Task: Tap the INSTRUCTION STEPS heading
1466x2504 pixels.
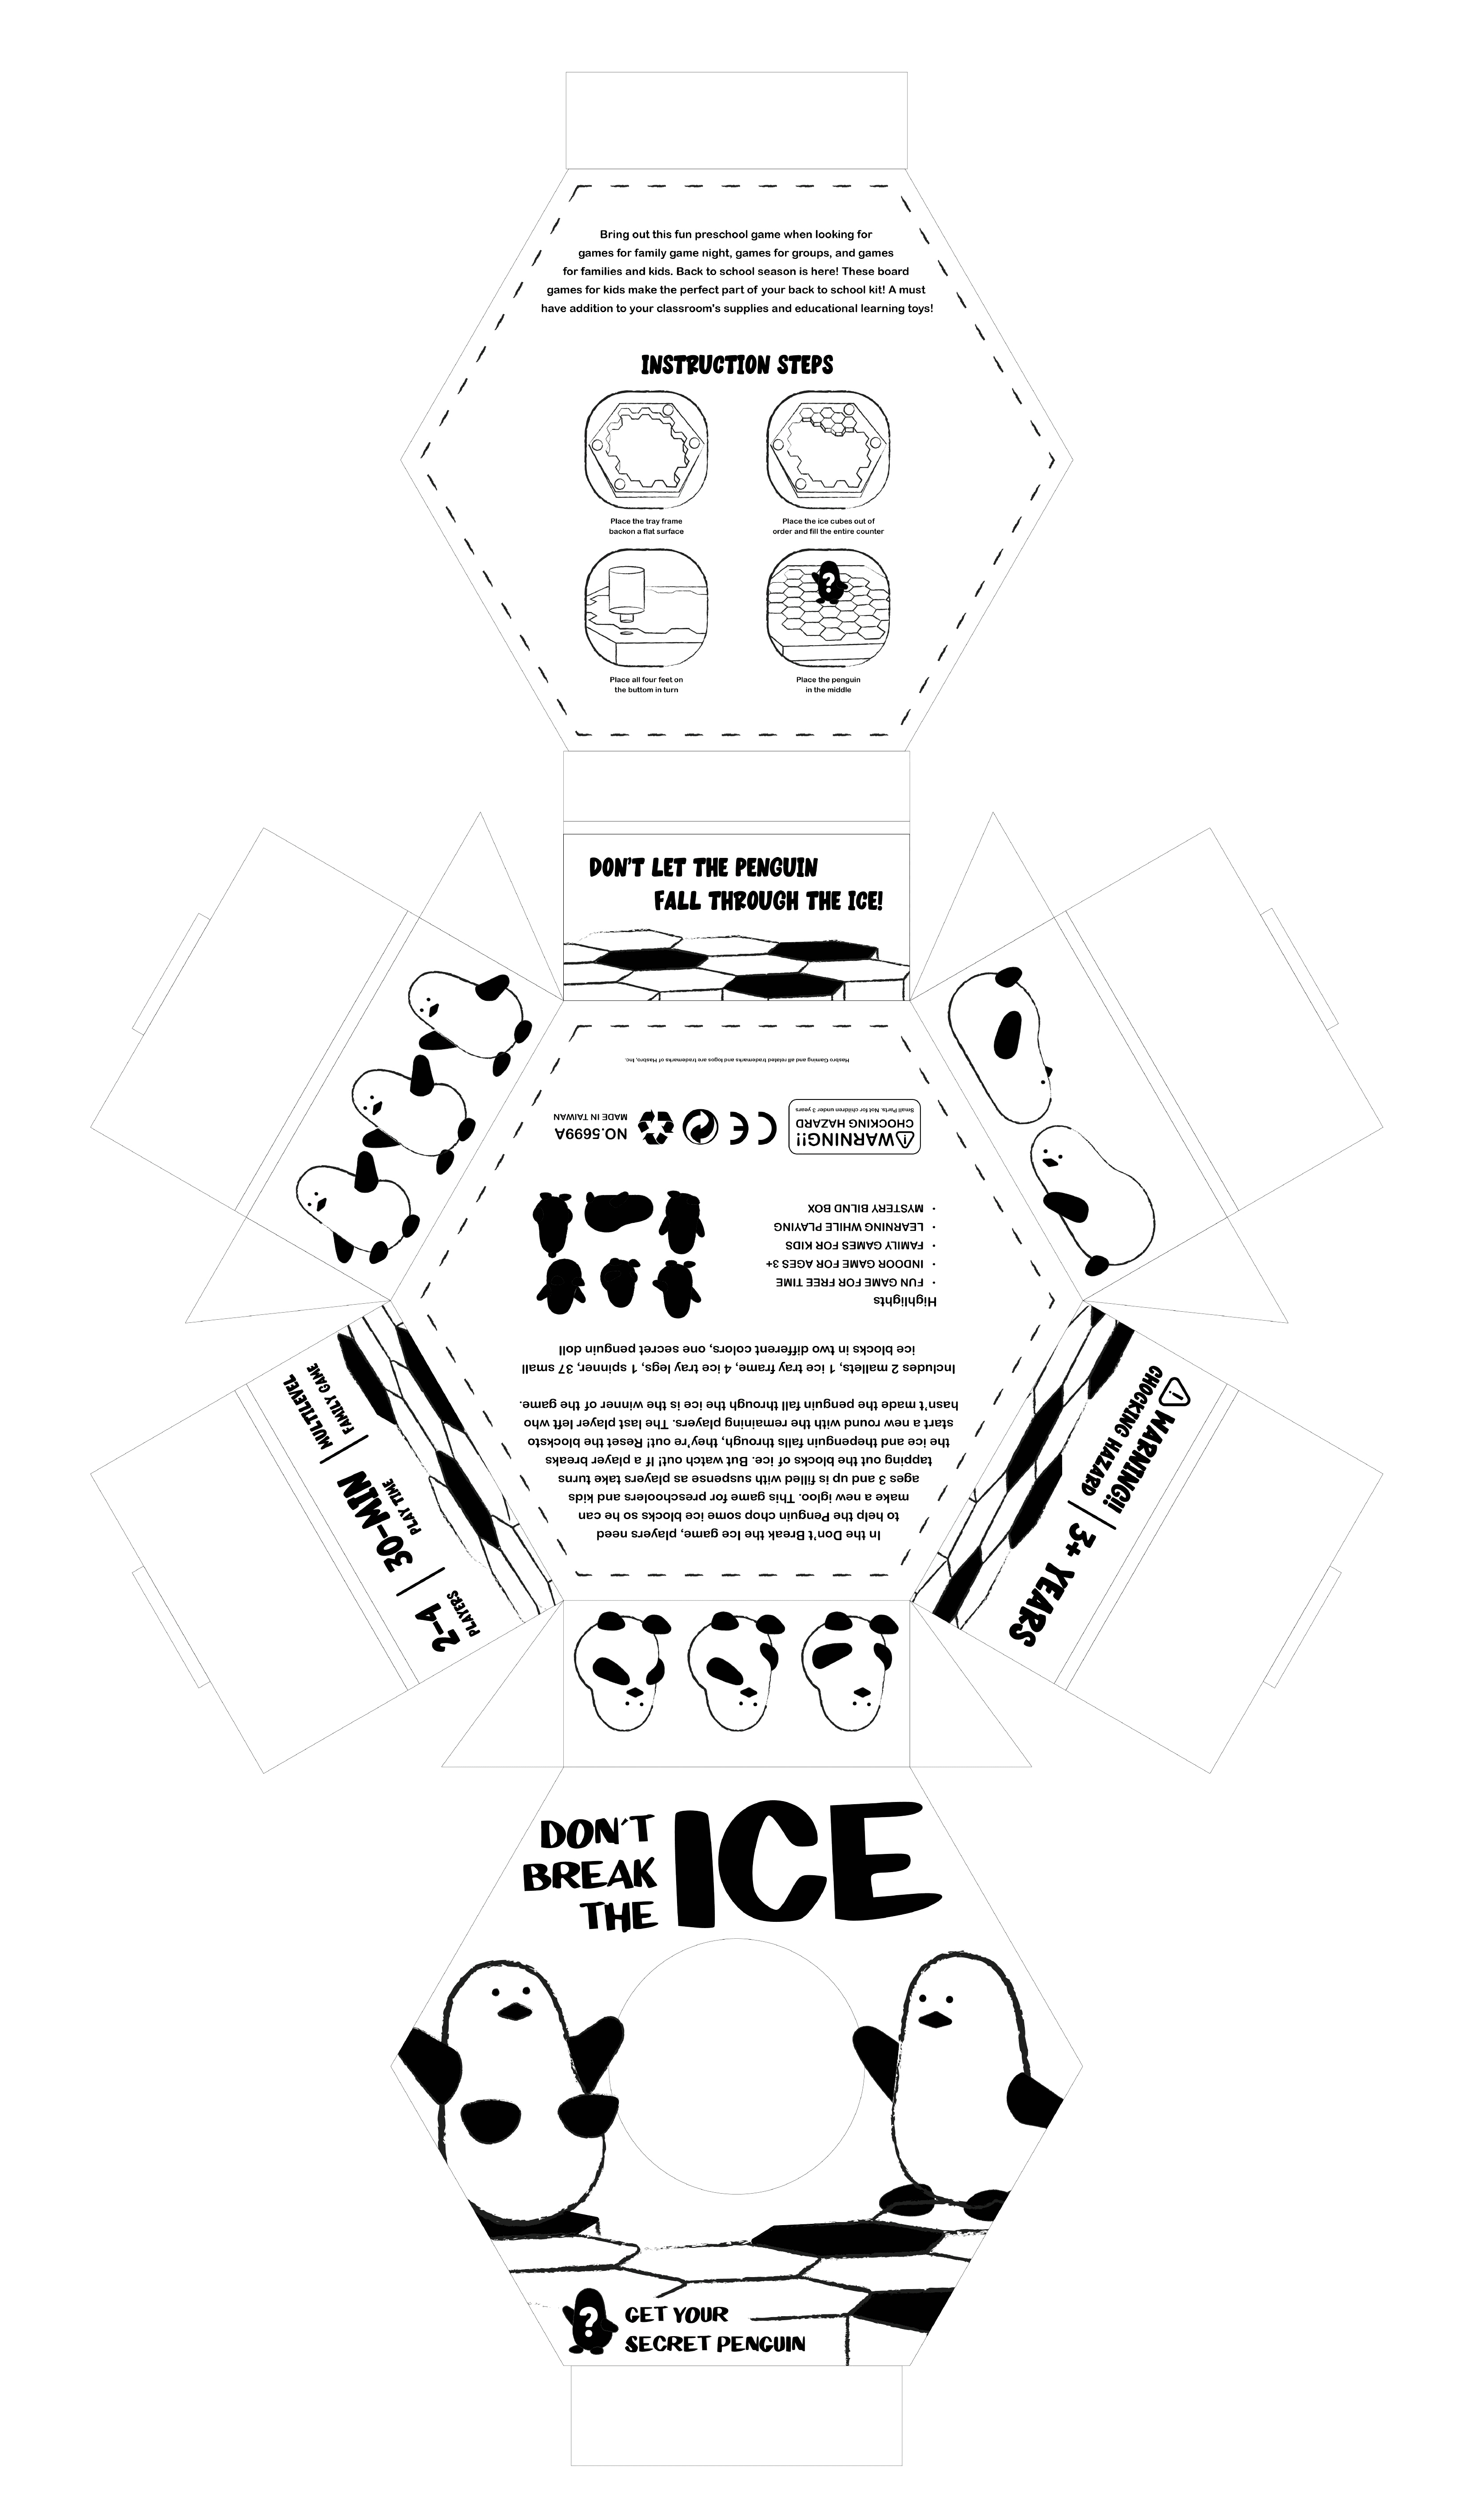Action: coord(737,365)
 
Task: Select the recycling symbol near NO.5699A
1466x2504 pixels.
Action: coord(656,1126)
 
